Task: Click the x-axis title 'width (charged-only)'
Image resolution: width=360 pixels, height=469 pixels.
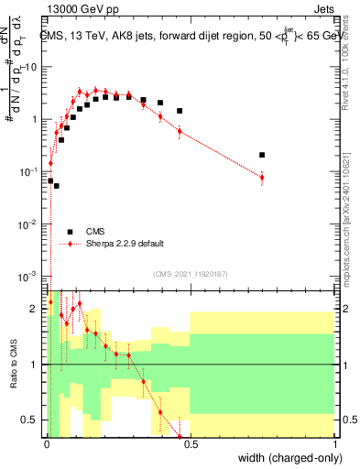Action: [x=286, y=457]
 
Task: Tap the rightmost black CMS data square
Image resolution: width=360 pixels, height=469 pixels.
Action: [x=262, y=155]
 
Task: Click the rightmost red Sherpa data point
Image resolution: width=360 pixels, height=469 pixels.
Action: [x=262, y=178]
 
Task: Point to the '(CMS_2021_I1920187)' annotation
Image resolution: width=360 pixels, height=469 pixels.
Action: [x=190, y=273]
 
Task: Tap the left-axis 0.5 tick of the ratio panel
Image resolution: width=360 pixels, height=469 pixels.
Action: [x=34, y=420]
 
